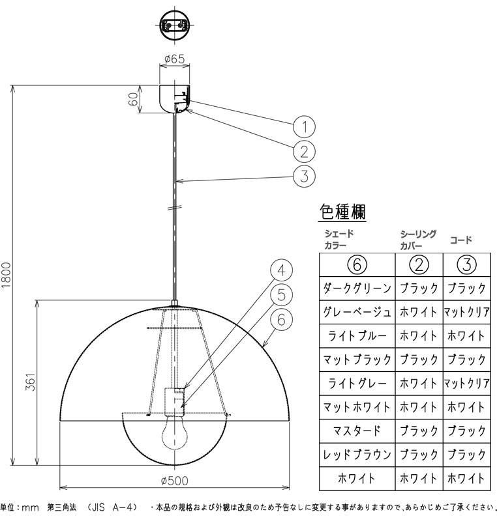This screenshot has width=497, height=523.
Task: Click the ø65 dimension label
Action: pyautogui.click(x=173, y=59)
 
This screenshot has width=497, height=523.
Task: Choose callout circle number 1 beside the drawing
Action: pyautogui.click(x=304, y=126)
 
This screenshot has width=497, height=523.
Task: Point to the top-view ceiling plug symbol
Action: pyautogui.click(x=174, y=25)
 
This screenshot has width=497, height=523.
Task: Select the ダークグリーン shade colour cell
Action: pyautogui.click(x=357, y=287)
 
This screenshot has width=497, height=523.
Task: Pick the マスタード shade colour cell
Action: pyautogui.click(x=357, y=431)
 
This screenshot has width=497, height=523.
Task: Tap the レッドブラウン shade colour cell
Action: pyautogui.click(x=357, y=454)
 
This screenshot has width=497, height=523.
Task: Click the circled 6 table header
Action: pyautogui.click(x=357, y=264)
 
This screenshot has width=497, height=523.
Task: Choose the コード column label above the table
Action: pyautogui.click(x=460, y=240)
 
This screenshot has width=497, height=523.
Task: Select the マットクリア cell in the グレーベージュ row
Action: pyautogui.click(x=466, y=311)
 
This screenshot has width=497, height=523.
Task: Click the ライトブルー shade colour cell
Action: pyautogui.click(x=357, y=335)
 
